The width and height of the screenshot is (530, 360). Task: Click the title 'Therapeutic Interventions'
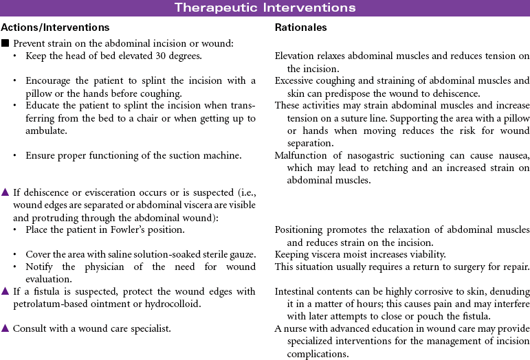click(x=265, y=8)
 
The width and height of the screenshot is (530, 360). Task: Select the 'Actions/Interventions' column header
click(x=55, y=27)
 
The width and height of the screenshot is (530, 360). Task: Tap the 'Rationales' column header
click(x=300, y=27)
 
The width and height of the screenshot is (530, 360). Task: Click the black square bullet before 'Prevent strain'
click(x=5, y=43)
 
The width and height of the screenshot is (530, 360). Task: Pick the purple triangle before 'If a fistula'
click(x=5, y=291)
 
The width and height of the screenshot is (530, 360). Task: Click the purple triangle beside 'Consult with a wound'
click(x=5, y=328)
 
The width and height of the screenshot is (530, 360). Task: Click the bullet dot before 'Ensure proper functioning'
click(x=15, y=155)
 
